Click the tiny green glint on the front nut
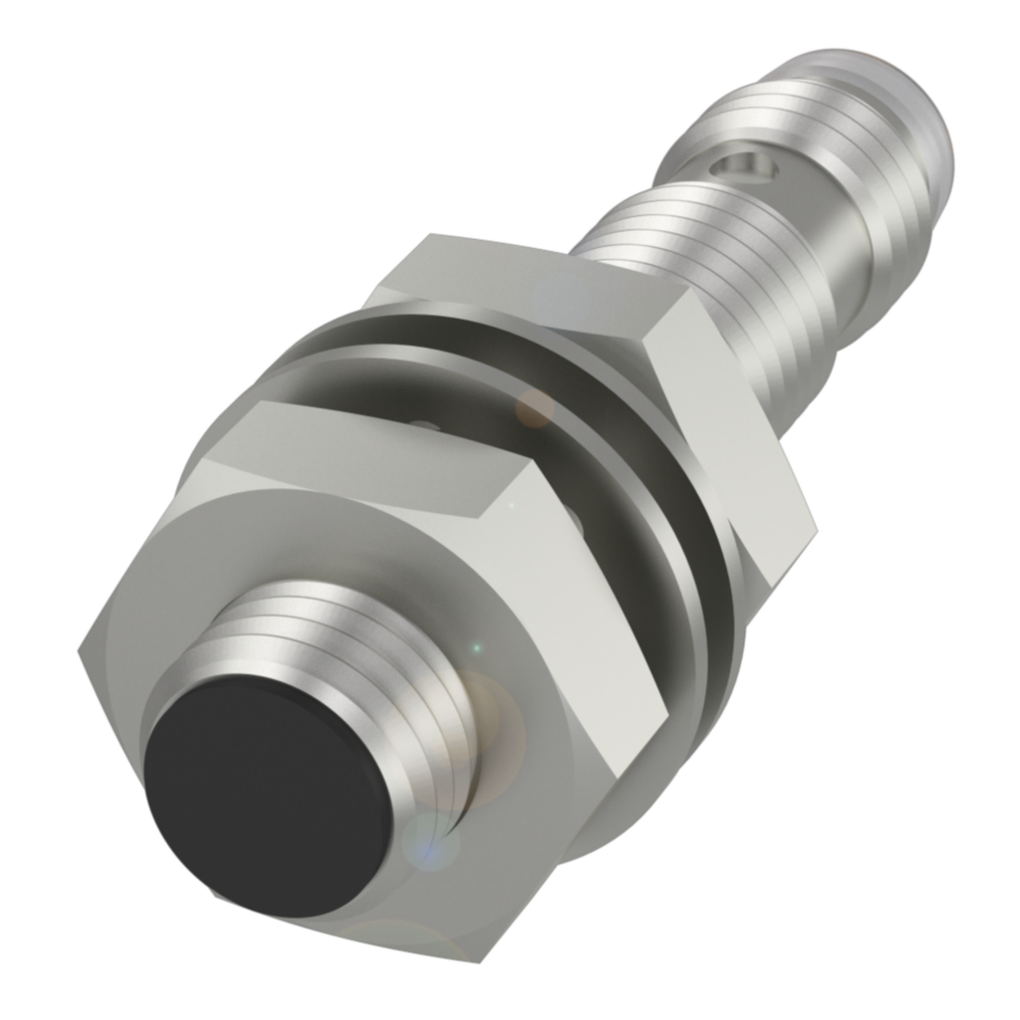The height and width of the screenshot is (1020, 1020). coord(476,648)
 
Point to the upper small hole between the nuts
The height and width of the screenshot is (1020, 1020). coord(422,426)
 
